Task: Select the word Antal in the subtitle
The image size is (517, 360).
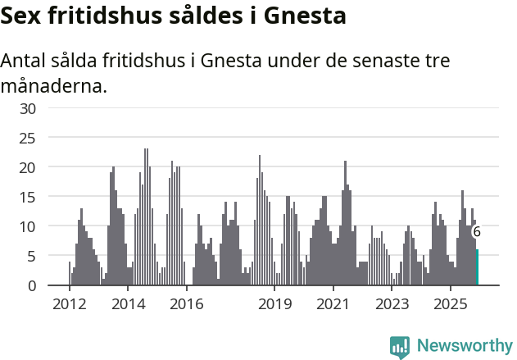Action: tap(25, 62)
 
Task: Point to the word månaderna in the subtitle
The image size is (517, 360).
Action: tap(54, 85)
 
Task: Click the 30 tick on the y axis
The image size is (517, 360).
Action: tap(28, 108)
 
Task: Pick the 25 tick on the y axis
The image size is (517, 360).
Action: tap(28, 138)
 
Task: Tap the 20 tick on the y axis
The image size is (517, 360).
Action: tap(28, 167)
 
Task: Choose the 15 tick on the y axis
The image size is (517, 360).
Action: tap(28, 197)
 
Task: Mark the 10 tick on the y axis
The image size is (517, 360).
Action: tap(28, 226)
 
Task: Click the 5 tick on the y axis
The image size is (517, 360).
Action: tap(32, 256)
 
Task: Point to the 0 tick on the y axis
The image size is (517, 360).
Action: tap(32, 285)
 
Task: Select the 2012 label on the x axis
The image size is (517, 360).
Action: tap(69, 304)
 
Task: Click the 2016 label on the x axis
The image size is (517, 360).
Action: tap(187, 304)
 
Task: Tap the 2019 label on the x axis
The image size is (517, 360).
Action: tap(274, 304)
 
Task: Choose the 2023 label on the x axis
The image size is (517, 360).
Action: tap(392, 304)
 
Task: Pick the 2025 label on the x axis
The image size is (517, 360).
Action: tap(451, 304)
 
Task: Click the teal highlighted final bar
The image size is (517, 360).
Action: tap(477, 268)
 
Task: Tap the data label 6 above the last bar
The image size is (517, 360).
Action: tap(477, 232)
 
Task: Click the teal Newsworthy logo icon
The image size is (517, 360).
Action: tap(400, 347)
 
